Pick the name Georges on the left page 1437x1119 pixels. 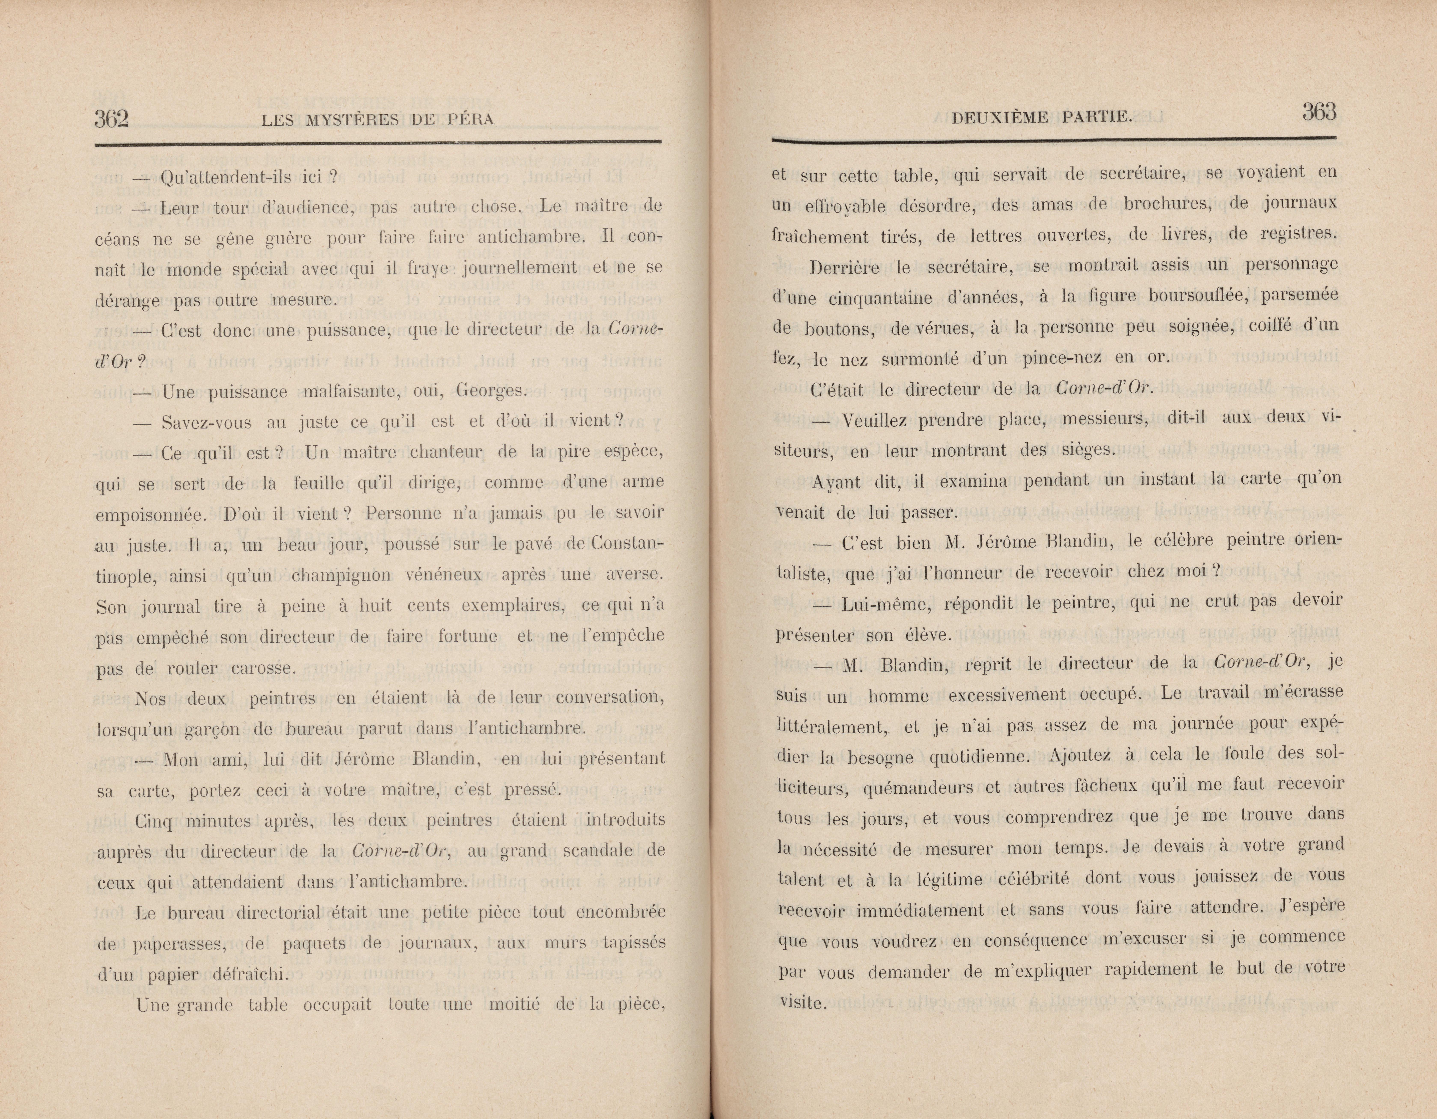tap(492, 391)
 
